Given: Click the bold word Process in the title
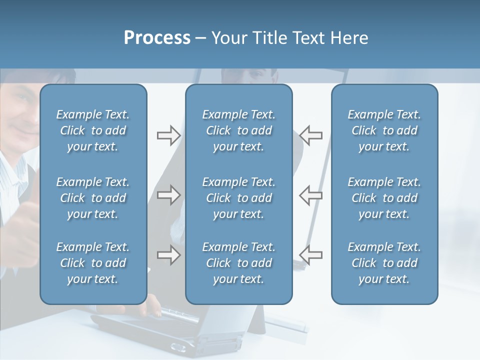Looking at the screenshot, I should (x=157, y=38).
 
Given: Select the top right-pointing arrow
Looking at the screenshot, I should (x=168, y=135).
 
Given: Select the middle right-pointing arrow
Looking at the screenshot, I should (x=168, y=194).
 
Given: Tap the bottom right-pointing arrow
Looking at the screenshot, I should (x=168, y=255).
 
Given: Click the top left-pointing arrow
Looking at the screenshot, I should (x=311, y=135).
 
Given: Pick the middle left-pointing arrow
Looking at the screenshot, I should (x=311, y=194).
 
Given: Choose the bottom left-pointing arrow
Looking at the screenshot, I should (x=311, y=255).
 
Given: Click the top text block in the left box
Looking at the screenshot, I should (x=93, y=130).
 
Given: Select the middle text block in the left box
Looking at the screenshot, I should (x=93, y=198).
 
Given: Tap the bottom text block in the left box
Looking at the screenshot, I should (x=93, y=263).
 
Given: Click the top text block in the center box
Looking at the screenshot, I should (x=238, y=130).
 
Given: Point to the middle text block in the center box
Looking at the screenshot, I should (x=238, y=198).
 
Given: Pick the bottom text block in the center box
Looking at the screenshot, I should (x=238, y=263).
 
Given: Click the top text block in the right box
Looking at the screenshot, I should (x=384, y=130).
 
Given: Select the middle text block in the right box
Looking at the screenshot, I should (x=384, y=198).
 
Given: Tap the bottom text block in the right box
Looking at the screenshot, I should (x=384, y=263).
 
